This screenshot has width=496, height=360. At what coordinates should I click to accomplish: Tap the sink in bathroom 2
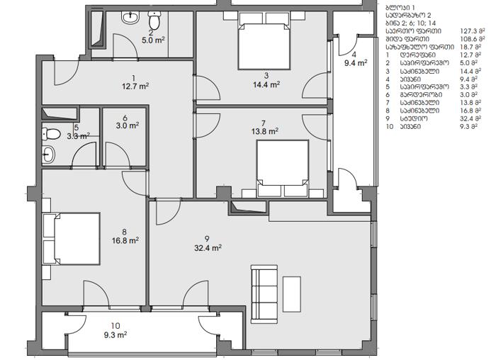coord(131,18)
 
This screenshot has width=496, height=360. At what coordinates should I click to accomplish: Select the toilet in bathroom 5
coord(51,134)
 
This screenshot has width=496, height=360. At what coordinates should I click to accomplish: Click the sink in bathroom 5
coord(48,154)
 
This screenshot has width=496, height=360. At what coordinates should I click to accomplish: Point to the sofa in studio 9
coord(264,294)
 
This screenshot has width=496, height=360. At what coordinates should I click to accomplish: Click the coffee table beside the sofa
coord(292,294)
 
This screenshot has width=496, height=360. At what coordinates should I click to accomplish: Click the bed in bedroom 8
coord(72,239)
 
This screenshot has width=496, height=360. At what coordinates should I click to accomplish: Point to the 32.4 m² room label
coord(208,248)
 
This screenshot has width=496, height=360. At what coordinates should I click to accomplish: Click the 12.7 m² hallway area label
coord(135,86)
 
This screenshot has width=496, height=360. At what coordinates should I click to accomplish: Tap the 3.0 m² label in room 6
coord(128,126)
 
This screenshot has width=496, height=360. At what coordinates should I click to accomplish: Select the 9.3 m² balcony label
coord(115,334)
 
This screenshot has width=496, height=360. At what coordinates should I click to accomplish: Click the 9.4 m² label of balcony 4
coord(356,63)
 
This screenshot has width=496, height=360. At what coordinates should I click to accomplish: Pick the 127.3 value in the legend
coord(468,31)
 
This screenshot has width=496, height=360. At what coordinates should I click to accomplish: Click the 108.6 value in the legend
coord(468,39)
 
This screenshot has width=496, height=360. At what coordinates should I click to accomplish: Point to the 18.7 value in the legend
coord(466,47)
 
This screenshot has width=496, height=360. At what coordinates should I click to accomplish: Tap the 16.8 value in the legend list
coord(466,111)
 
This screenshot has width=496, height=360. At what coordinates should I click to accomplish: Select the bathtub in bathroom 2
coord(97,30)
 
